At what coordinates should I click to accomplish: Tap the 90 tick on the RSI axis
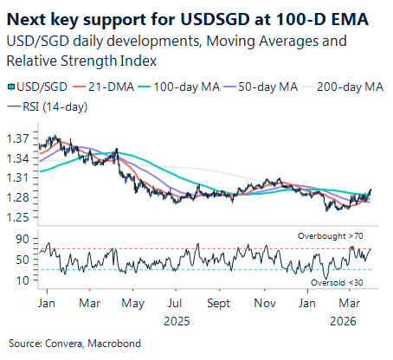click(22, 239)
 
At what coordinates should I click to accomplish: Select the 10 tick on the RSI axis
click(22, 280)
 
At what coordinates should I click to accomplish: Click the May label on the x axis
click(133, 304)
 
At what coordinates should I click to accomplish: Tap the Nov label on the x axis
click(265, 304)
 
